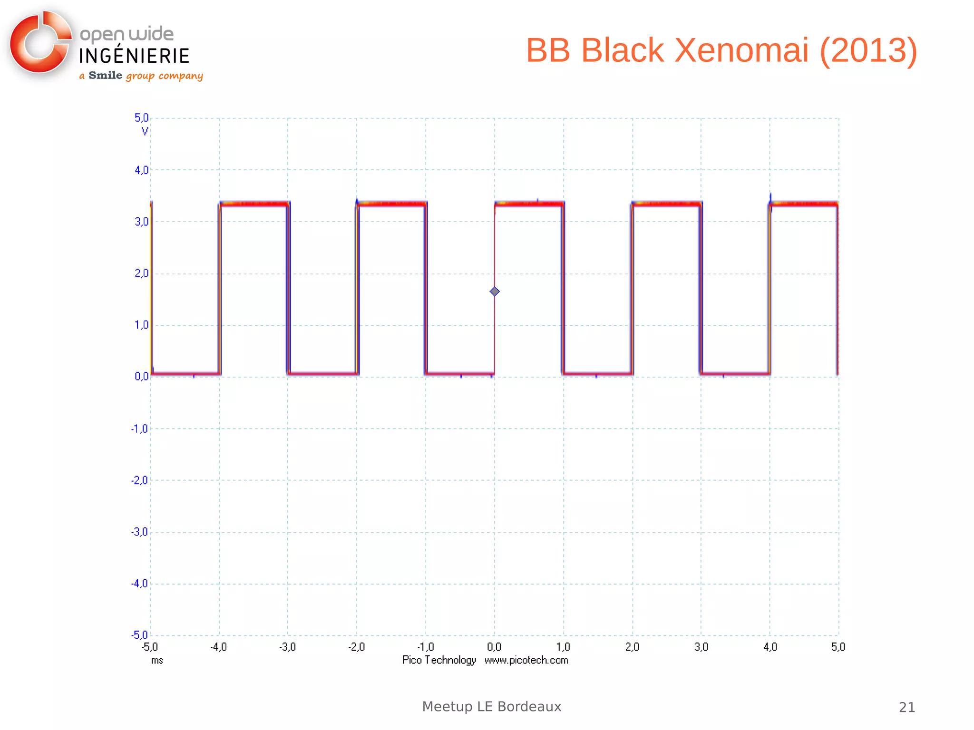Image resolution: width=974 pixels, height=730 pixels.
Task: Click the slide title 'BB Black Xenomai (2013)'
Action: (721, 50)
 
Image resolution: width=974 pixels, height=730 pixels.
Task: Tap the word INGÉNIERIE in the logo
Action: (134, 56)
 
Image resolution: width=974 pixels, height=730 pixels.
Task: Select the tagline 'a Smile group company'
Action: (141, 76)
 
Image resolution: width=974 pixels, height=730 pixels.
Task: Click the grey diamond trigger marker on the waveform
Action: (495, 292)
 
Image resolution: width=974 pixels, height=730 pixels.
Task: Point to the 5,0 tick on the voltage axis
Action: (141, 117)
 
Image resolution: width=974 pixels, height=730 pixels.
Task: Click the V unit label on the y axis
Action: (145, 131)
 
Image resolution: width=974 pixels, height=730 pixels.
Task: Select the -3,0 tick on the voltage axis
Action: (140, 532)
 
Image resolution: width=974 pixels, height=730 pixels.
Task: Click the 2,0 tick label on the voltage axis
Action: (141, 273)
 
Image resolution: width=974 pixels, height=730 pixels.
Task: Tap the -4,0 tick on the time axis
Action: (219, 647)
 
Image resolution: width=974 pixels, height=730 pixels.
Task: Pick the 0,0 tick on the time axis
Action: (494, 647)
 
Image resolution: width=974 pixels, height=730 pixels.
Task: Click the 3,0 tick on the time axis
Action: (701, 647)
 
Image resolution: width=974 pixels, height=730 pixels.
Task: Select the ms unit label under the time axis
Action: (157, 661)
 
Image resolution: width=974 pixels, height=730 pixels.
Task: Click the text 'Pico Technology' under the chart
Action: (439, 660)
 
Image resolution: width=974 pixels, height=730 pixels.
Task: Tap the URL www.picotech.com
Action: (526, 660)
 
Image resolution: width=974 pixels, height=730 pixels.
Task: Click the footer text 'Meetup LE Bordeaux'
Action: (491, 707)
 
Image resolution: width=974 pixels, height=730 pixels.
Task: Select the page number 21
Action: (906, 708)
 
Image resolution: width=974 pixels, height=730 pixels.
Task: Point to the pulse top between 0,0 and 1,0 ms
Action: (529, 204)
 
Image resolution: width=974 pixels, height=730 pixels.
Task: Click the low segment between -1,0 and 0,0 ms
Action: (460, 374)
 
